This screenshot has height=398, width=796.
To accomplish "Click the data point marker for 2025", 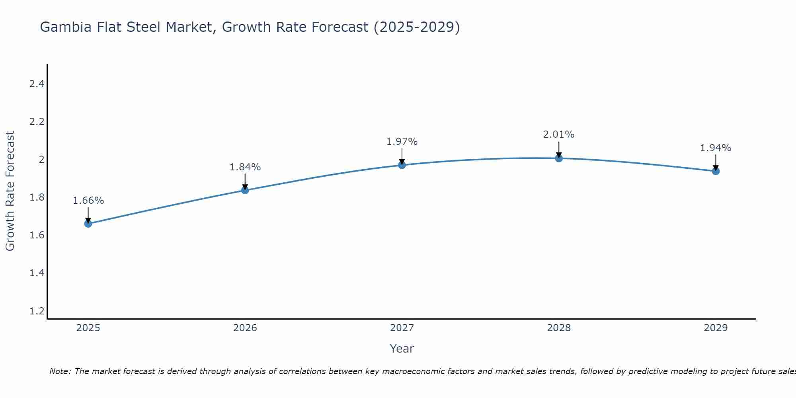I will [88, 224].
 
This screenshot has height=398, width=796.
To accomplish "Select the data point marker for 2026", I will [245, 190].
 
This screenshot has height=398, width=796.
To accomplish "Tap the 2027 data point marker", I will [402, 165].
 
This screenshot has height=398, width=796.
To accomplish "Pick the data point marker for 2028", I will [559, 158].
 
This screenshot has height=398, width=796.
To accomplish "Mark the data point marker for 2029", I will [716, 171].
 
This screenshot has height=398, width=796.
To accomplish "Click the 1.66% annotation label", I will [88, 201].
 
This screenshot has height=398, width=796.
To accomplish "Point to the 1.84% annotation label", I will [245, 167].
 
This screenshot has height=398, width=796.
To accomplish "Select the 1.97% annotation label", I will [402, 142].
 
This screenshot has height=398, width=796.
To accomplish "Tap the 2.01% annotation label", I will [559, 135].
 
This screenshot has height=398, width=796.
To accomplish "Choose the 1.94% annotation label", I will [716, 148].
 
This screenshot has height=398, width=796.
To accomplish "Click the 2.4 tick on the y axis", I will [37, 84].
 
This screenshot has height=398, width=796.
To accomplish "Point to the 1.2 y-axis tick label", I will [37, 311].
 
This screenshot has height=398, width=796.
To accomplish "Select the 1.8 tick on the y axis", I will [37, 197].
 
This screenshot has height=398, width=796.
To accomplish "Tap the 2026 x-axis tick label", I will [245, 328].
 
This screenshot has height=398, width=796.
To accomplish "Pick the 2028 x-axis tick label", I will [559, 328].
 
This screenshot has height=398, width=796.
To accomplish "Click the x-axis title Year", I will [402, 349].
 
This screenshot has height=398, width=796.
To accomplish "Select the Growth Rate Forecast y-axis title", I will [10, 191].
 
